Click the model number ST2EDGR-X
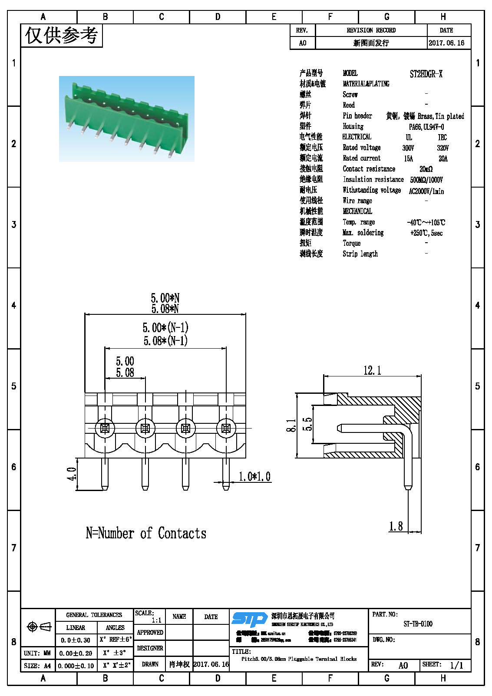(426, 74)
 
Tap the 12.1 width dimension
(372, 370)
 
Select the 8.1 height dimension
(291, 426)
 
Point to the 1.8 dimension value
(396, 526)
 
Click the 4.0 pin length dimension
(72, 474)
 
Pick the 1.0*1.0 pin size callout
(254, 477)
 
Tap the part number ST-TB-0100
(418, 624)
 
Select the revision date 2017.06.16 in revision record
(446, 43)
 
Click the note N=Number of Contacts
(146, 533)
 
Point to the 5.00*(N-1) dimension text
(165, 327)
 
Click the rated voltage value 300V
(408, 148)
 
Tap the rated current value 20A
(443, 159)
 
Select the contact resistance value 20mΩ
(426, 169)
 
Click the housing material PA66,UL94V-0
(426, 127)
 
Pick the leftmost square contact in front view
(105, 429)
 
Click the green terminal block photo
(126, 119)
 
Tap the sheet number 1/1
(456, 665)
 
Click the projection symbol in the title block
(39, 627)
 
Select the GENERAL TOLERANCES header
(94, 615)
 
